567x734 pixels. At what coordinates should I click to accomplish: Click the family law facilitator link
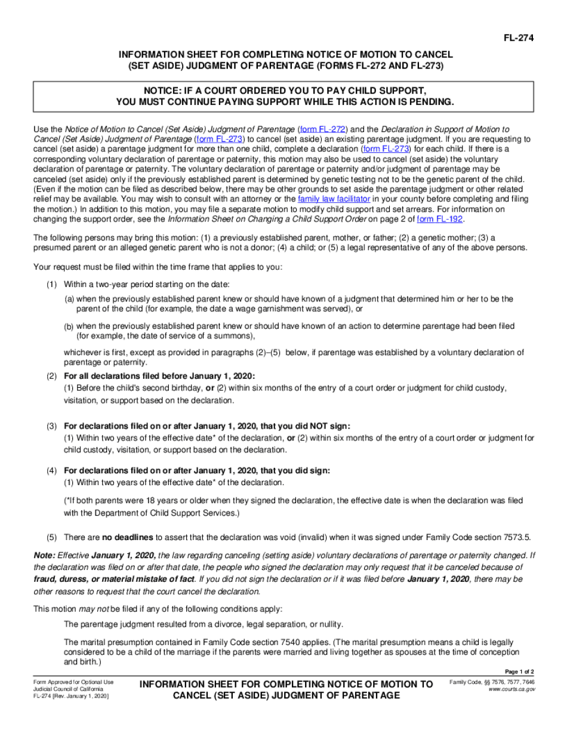tap(334, 199)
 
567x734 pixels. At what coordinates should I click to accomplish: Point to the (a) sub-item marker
tap(69, 299)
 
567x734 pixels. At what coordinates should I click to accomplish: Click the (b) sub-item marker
tap(69, 327)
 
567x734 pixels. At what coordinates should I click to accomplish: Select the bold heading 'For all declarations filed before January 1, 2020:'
tap(159, 376)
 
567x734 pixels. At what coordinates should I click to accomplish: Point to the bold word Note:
tap(44, 555)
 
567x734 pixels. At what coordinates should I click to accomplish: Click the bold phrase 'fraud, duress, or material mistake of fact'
tap(114, 579)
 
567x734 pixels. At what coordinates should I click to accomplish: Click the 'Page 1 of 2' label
tap(519, 671)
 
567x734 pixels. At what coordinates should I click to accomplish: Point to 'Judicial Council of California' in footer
tap(69, 689)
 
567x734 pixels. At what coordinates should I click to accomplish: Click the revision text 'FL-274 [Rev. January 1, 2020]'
tap(71, 696)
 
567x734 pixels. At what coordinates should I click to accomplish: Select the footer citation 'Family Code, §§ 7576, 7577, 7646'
tap(491, 681)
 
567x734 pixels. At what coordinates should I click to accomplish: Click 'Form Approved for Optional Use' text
tap(73, 681)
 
